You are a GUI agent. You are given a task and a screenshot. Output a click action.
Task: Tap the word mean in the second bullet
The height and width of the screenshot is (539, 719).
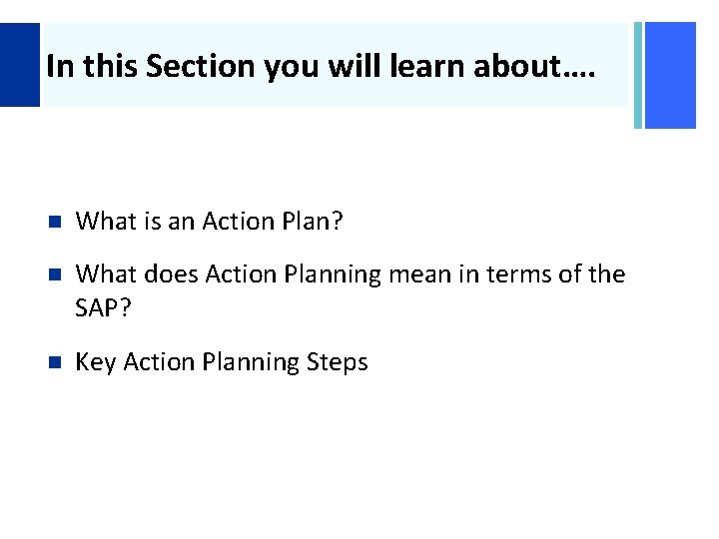(x=415, y=273)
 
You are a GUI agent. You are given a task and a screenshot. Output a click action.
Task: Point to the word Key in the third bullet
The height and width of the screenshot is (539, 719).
(x=95, y=362)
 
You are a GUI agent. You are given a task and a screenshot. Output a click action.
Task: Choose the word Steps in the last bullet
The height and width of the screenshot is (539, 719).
(x=335, y=362)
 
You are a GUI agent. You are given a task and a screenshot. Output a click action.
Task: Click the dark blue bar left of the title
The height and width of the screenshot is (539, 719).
(x=20, y=65)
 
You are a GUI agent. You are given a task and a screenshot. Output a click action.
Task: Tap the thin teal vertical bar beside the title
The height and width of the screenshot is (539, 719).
(x=638, y=75)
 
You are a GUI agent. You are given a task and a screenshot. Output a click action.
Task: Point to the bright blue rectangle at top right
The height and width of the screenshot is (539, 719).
(x=670, y=75)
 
